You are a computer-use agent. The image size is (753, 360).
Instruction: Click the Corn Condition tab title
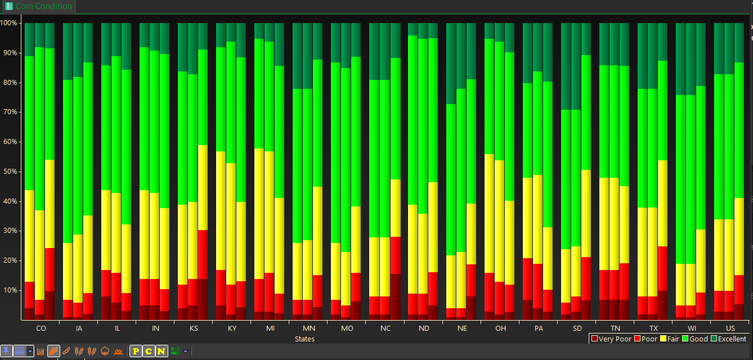[x=43, y=6]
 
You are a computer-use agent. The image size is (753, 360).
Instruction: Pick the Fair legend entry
[x=670, y=339]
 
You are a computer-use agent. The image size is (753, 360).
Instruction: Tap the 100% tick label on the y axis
[x=10, y=23]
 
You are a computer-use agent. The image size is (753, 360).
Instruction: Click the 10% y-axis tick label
[x=12, y=290]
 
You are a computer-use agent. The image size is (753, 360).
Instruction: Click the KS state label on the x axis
[x=194, y=328]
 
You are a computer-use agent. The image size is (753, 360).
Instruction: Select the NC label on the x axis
[x=386, y=328]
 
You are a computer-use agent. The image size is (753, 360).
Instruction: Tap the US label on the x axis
[x=730, y=328]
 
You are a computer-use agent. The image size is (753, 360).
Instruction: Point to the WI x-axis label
[x=692, y=328]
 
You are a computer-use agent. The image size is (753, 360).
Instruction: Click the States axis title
[x=304, y=339]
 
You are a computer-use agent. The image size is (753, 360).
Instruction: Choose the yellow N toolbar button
[x=161, y=352]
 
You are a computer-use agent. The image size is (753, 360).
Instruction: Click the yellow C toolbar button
[x=148, y=352]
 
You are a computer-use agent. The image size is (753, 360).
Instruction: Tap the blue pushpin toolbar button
[x=6, y=352]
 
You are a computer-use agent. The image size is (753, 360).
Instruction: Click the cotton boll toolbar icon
[x=105, y=352]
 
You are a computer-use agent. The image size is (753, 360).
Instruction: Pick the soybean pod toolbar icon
[x=66, y=352]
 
